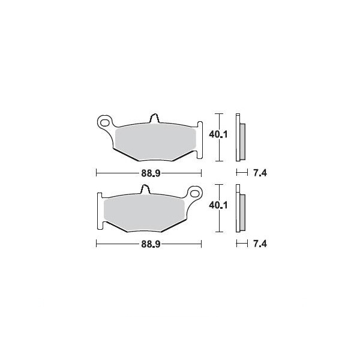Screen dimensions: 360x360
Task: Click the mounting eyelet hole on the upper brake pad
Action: (x=104, y=123)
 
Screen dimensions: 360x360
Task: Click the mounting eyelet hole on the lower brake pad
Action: (x=194, y=193)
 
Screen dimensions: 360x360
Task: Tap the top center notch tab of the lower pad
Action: (x=145, y=189)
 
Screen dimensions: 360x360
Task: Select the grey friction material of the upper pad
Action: (x=155, y=144)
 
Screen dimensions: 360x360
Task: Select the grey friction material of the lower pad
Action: (x=144, y=214)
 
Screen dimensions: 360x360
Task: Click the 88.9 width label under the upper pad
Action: (x=151, y=173)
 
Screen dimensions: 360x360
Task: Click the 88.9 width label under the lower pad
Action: (x=151, y=244)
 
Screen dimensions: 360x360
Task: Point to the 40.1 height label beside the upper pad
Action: (x=218, y=134)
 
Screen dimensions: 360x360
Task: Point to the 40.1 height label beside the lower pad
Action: (x=218, y=205)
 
